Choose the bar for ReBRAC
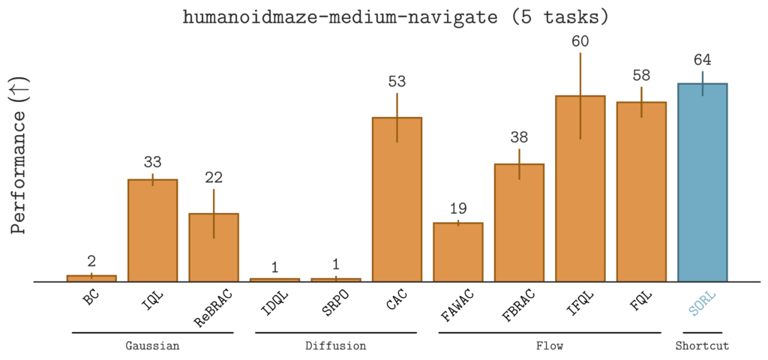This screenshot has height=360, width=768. click(214, 247)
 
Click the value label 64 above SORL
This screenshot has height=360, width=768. click(703, 60)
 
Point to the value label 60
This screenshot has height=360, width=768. click(580, 41)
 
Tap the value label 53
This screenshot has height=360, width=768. click(397, 82)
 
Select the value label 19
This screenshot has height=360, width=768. click(458, 208)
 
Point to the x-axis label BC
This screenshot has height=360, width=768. click(91, 299)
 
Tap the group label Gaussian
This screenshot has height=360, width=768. click(152, 346)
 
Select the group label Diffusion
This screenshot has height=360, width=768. click(335, 346)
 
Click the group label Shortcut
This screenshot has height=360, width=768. click(702, 346)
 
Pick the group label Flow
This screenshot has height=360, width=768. click(550, 346)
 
